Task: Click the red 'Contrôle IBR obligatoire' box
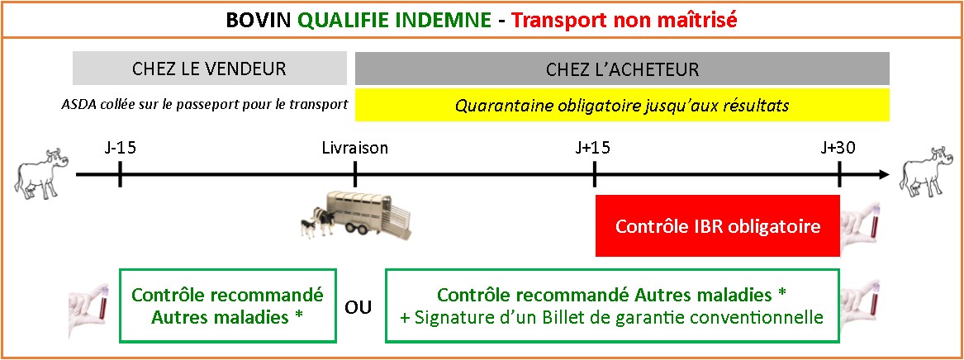tap(718, 226)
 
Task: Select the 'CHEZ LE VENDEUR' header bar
tap(209, 69)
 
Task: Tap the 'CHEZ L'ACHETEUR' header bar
tap(622, 69)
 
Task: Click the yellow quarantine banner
tap(622, 105)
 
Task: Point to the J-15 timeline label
tap(120, 148)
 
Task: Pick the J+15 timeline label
tap(594, 148)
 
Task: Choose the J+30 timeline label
tap(839, 148)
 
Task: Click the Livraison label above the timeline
tap(355, 148)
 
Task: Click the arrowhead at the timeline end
tap(884, 175)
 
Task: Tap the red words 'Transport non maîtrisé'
tap(624, 21)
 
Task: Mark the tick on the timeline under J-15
tap(120, 175)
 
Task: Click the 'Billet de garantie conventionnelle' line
tap(611, 318)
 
